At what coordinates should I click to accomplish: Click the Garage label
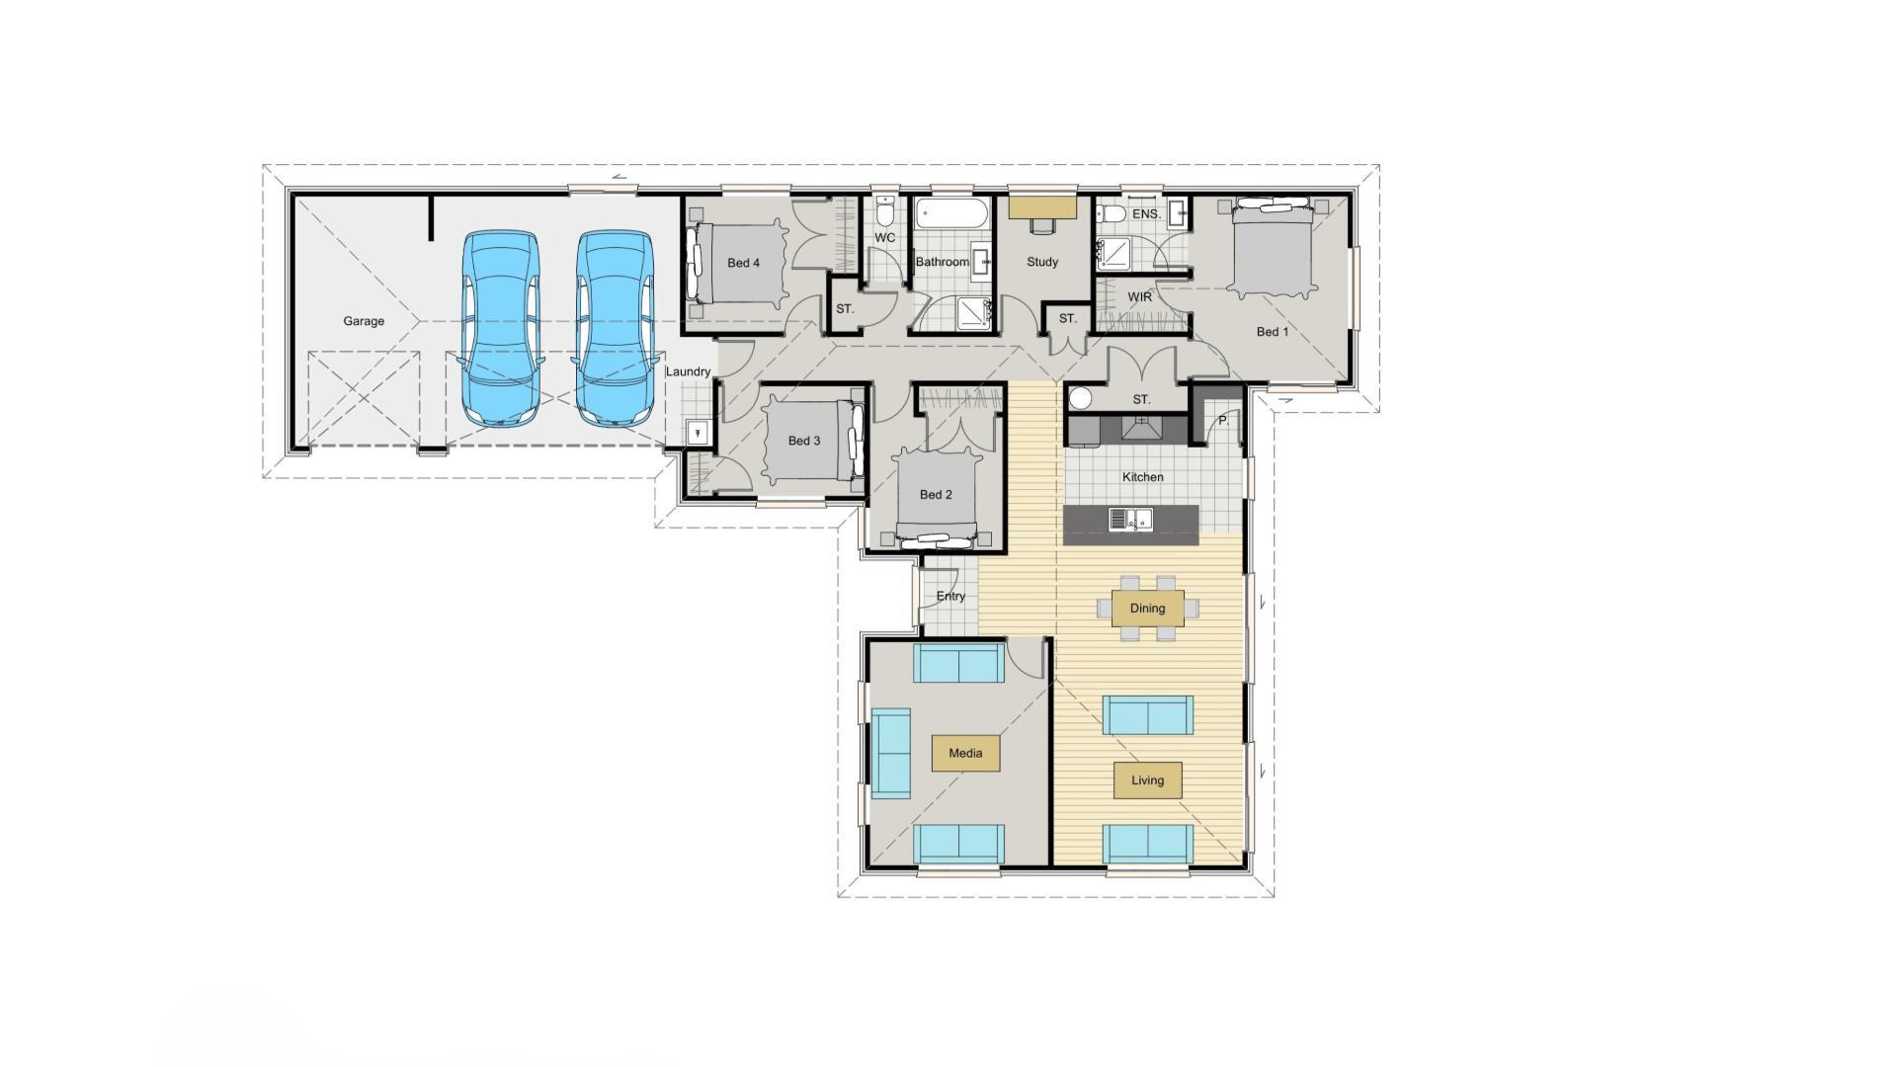[x=364, y=321]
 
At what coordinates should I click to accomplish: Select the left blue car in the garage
[x=502, y=329]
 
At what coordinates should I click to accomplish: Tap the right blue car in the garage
[x=615, y=329]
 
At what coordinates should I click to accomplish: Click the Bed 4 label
[x=743, y=263]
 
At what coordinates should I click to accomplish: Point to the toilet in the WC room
[x=885, y=212]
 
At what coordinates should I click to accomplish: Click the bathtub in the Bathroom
[x=951, y=212]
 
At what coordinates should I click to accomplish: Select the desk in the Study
[x=1042, y=206]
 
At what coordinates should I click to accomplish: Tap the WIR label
[x=1139, y=296]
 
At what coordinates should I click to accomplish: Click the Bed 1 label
[x=1272, y=332]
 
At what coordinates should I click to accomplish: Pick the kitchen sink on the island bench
[x=1130, y=519]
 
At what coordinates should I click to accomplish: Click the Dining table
[x=1147, y=609]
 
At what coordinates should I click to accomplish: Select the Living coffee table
[x=1147, y=780]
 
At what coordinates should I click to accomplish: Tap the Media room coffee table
[x=965, y=753]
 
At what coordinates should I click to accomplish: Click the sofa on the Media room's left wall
[x=890, y=753]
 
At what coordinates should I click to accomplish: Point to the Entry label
[x=950, y=597]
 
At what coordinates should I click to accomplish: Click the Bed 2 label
[x=935, y=495]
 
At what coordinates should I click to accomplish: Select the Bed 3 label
[x=803, y=441]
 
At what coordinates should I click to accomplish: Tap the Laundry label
[x=688, y=372]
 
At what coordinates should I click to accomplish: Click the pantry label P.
[x=1222, y=421]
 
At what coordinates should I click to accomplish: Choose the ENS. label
[x=1146, y=214]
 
